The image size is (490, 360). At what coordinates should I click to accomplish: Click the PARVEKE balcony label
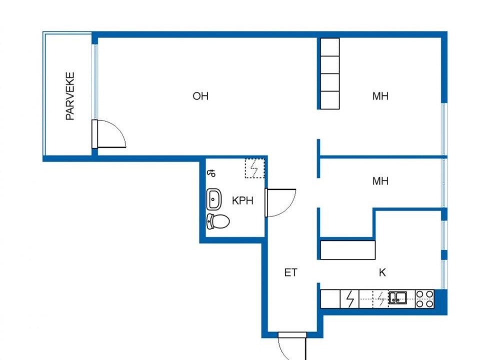pos(70,96)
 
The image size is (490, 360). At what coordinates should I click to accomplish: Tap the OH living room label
pos(200,96)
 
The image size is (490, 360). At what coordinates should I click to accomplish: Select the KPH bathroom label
pos(242,200)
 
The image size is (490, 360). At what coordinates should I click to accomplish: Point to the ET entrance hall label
pos(290,272)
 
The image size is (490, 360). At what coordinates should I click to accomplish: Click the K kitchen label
pos(382,272)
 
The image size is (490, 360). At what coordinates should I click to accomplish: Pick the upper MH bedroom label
pos(380,96)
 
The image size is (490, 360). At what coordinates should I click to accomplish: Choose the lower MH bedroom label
pos(380,181)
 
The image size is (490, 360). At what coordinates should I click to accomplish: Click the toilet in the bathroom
pos(218,221)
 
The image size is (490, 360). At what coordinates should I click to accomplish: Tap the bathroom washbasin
pos(214,199)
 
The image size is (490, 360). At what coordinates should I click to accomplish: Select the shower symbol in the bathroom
pos(211,173)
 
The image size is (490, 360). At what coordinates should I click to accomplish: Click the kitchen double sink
pos(397,298)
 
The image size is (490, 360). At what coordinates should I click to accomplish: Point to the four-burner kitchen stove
pos(424,299)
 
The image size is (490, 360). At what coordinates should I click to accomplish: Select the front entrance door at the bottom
pos(292,345)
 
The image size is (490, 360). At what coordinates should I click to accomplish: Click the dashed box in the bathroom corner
pos(254,168)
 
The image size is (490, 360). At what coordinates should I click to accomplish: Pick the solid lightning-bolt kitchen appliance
pos(349,299)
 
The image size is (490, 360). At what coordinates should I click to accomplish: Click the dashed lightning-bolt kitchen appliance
pos(380,299)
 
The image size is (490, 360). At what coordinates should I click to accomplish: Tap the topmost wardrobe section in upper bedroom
pos(330,47)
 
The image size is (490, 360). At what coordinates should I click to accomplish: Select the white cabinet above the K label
pos(348,250)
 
